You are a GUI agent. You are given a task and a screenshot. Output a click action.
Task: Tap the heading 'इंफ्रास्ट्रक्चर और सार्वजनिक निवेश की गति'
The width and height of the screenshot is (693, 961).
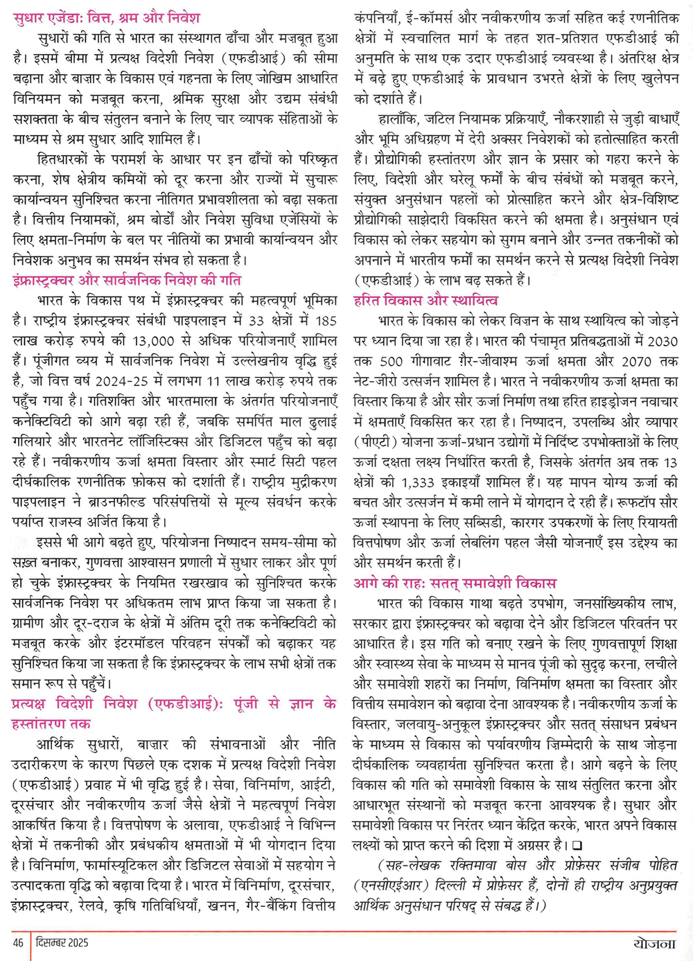[x=127, y=281]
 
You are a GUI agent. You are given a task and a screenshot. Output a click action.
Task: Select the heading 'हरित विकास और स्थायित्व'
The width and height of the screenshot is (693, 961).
[x=426, y=301]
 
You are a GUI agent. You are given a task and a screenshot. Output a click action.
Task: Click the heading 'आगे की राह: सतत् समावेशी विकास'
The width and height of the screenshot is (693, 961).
[x=455, y=583]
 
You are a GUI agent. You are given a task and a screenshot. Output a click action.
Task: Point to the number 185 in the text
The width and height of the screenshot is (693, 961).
[x=324, y=321]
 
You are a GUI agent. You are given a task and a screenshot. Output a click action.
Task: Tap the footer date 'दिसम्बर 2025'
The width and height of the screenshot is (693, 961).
[x=62, y=942]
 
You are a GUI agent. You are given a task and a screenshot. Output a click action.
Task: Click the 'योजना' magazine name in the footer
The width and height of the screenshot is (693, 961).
[x=654, y=944]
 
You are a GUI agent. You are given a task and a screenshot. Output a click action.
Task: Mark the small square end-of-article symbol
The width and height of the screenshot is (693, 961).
[x=578, y=845]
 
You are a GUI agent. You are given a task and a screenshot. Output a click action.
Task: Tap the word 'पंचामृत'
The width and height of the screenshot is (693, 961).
[x=542, y=341]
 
